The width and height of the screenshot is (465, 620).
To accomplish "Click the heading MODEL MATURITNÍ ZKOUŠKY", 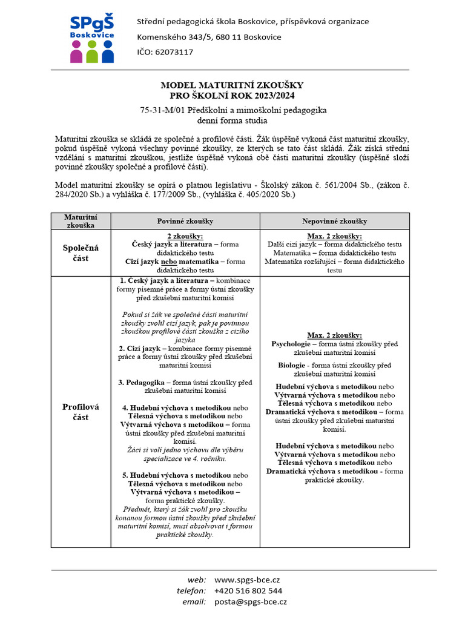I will [x=232, y=85].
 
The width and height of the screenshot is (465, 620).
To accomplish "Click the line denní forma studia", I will [x=232, y=120].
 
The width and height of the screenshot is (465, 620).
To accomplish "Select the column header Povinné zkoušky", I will [x=185, y=221].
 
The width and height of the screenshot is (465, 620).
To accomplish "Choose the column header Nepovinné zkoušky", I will [x=334, y=221].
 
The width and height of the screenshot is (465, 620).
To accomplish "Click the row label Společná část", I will [x=81, y=252].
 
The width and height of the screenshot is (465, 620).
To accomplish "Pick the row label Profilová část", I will [x=81, y=412].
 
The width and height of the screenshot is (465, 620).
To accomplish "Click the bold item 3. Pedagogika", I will [x=145, y=383].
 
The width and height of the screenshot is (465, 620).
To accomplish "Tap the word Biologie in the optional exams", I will [x=291, y=366].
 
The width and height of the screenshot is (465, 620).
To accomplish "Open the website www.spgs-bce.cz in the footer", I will [x=247, y=579].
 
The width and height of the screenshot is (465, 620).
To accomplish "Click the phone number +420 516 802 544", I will [x=248, y=590].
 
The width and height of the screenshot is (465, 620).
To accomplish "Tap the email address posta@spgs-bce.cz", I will [x=251, y=602].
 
